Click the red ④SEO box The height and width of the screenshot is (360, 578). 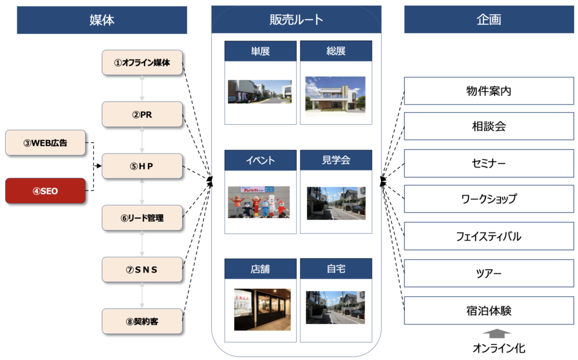click(45, 191)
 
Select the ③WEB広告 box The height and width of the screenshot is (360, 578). click(45, 143)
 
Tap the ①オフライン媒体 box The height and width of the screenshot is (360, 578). click(142, 63)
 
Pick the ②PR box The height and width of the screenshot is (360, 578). click(142, 115)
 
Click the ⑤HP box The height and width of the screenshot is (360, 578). click(142, 166)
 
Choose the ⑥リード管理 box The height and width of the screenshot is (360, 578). click(142, 218)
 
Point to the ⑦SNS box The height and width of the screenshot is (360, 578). click(142, 270)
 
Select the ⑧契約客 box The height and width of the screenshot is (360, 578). click(142, 322)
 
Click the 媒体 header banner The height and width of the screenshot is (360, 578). click(102, 20)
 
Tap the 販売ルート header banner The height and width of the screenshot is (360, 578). click(296, 20)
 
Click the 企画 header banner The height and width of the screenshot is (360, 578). click(489, 20)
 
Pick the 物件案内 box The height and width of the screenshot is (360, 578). click(489, 91)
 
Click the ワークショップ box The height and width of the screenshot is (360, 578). click(489, 199)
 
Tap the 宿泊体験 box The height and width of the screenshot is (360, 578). click(489, 310)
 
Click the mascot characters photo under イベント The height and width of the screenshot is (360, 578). click(259, 202)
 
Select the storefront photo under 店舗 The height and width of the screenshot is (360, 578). click(262, 309)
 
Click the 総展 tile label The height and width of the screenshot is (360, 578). click(336, 51)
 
